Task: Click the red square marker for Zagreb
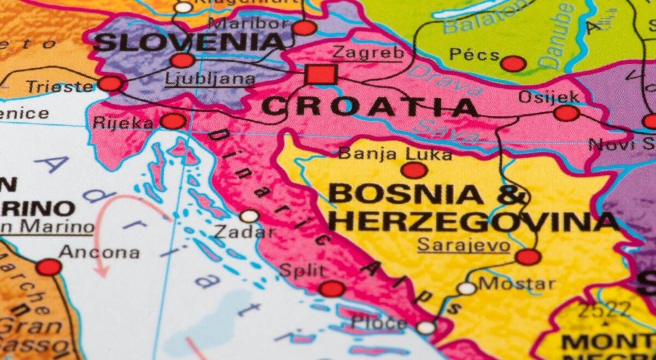(x=320, y=74)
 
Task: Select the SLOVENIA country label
(x=189, y=42)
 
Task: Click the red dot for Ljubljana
(x=183, y=60)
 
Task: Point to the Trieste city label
(x=60, y=86)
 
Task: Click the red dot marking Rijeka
(x=173, y=121)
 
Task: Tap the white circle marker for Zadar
(x=249, y=216)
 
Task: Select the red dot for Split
(x=332, y=288)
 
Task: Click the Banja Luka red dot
(x=414, y=170)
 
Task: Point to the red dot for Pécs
(x=513, y=63)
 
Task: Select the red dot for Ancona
(x=49, y=267)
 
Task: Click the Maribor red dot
(x=304, y=28)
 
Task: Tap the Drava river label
(x=444, y=81)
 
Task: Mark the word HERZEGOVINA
(x=473, y=222)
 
